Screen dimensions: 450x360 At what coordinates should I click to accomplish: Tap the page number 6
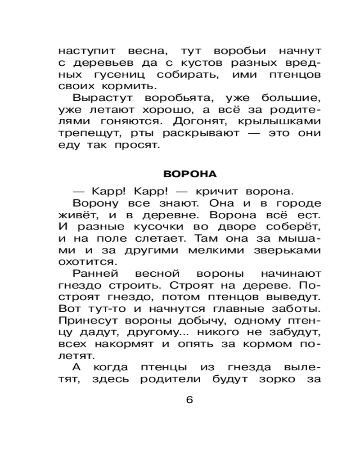(x=189, y=399)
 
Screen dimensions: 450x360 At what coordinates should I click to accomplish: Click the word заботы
(x=296, y=308)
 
